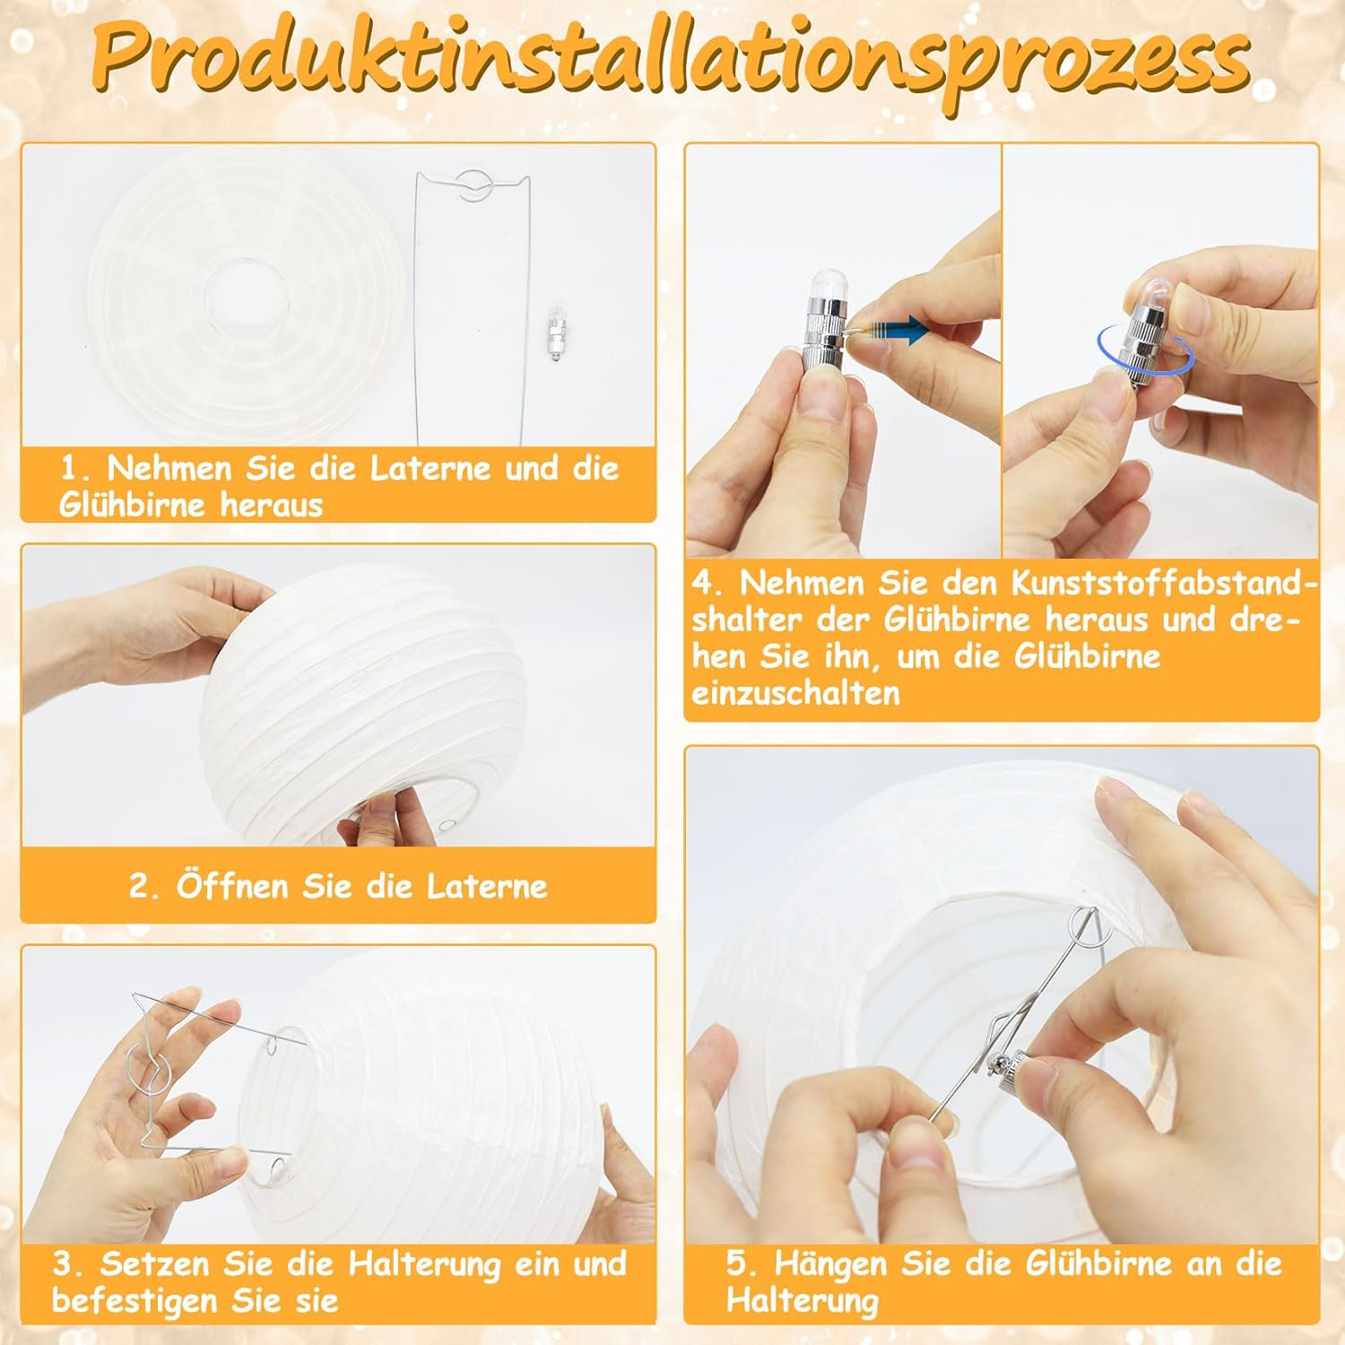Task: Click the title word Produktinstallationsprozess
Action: tap(671, 61)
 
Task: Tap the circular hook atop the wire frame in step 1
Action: tap(473, 186)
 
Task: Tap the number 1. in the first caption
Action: tap(75, 468)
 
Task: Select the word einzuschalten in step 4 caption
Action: tap(795, 693)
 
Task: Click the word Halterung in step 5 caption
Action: tap(803, 1300)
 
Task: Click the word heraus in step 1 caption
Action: tap(272, 505)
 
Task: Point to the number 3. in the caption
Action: tap(69, 1264)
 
